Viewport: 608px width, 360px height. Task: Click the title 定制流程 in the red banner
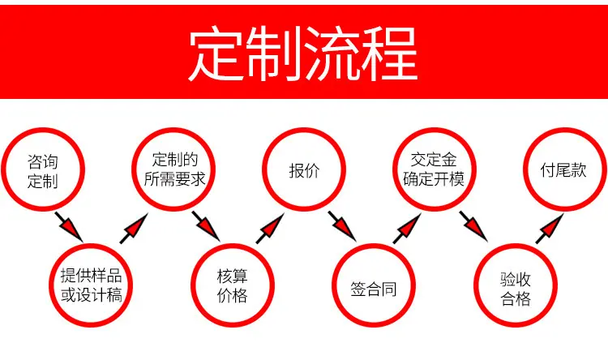pyautogui.click(x=303, y=54)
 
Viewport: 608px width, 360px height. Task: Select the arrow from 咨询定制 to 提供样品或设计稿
pyautogui.click(x=69, y=227)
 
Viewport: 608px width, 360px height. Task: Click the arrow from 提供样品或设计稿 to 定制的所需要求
pyautogui.click(x=134, y=229)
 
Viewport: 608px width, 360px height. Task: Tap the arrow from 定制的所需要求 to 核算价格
pyautogui.click(x=206, y=226)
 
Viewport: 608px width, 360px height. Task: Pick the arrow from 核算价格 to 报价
pyautogui.click(x=270, y=229)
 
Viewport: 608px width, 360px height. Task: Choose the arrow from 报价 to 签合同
pyautogui.click(x=342, y=226)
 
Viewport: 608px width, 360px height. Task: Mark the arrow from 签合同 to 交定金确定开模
pyautogui.click(x=407, y=229)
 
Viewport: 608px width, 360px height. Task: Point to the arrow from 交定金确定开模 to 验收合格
pyautogui.click(x=473, y=226)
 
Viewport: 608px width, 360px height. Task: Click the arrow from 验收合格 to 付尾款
pyautogui.click(x=550, y=229)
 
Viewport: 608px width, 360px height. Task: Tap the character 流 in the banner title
pyautogui.click(x=332, y=54)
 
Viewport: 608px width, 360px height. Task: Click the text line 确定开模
pyautogui.click(x=434, y=179)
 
